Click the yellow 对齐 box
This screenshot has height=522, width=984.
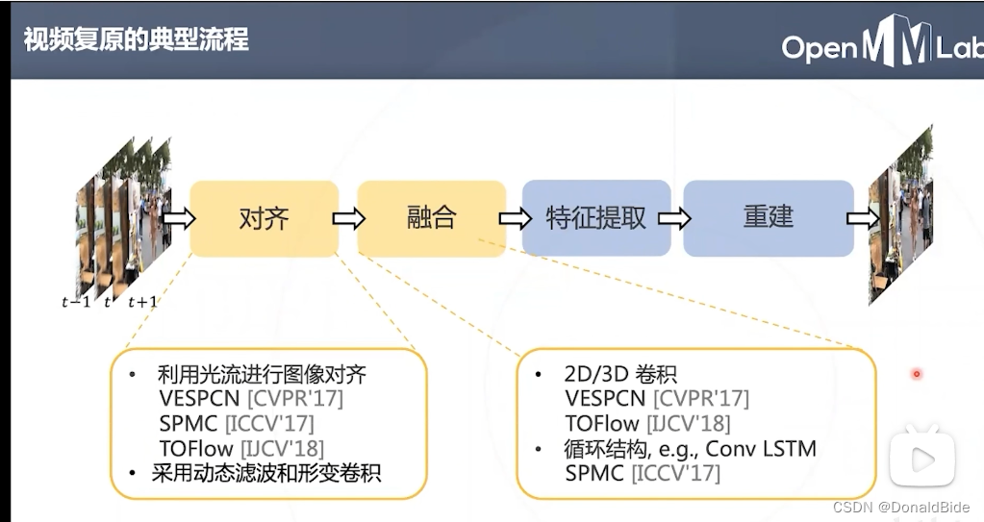[x=264, y=218]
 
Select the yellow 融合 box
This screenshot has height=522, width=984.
[x=431, y=218]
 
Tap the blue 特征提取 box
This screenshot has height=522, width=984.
[x=595, y=218]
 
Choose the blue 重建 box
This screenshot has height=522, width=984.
[x=768, y=218]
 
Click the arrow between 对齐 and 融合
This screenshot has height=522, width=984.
[x=348, y=219]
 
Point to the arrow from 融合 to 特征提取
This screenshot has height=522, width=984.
[x=514, y=219]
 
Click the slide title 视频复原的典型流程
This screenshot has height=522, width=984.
[x=136, y=39]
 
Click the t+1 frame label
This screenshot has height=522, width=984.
[x=142, y=302]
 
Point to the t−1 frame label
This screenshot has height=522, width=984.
[x=77, y=302]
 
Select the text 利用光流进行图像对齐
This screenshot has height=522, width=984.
[x=262, y=374]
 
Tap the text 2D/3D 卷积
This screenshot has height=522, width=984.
[x=621, y=374]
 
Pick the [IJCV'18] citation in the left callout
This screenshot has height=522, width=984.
[x=282, y=448]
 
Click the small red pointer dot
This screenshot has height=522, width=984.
[x=917, y=373]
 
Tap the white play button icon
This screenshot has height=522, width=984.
[x=921, y=460]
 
